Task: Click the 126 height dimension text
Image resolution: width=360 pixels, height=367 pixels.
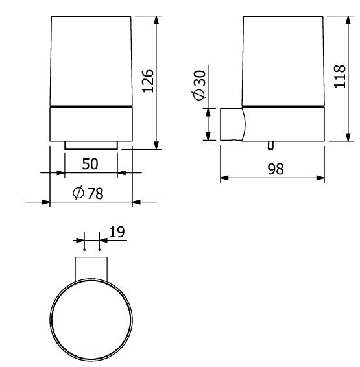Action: [148, 81]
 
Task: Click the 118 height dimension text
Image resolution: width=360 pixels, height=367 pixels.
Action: [340, 77]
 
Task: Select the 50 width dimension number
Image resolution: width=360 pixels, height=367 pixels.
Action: [90, 164]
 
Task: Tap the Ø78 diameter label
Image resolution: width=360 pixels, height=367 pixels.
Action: [88, 193]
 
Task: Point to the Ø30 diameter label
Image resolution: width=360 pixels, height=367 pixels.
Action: [199, 85]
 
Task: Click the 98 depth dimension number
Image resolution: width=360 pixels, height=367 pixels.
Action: [276, 169]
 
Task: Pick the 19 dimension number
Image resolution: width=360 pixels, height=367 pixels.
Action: [117, 232]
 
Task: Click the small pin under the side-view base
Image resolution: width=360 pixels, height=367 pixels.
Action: [270, 145]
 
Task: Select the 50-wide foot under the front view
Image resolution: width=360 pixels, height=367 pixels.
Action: [91, 145]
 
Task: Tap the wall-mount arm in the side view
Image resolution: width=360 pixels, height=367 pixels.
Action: [232, 124]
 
